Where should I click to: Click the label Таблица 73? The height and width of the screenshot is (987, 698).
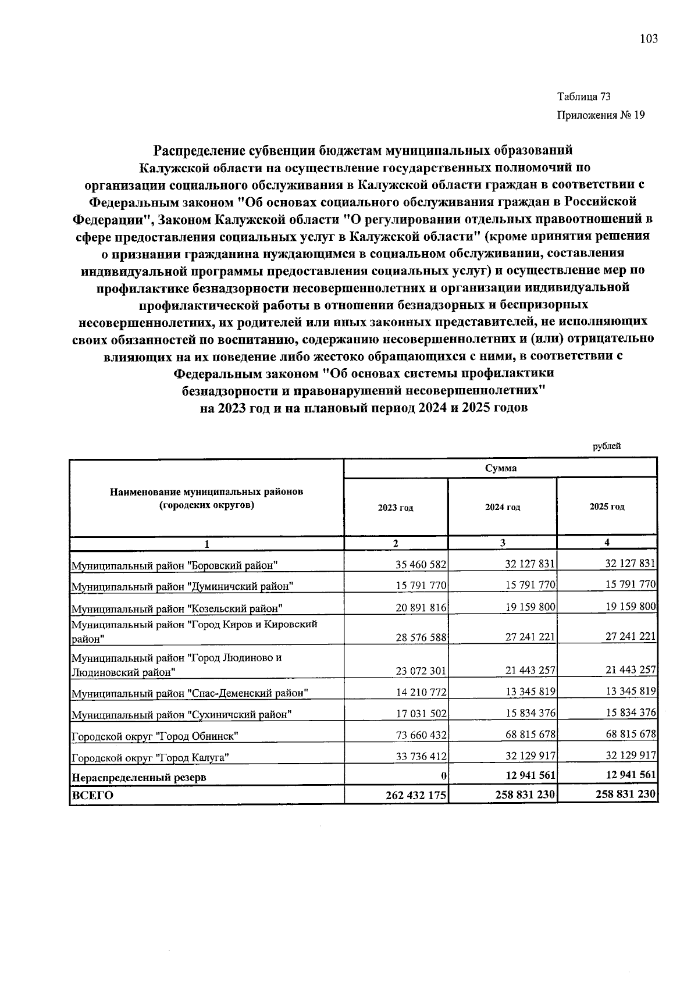pyautogui.click(x=583, y=97)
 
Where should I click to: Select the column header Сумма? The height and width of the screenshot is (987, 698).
pyautogui.click(x=500, y=468)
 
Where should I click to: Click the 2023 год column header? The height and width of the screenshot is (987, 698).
pyautogui.click(x=396, y=507)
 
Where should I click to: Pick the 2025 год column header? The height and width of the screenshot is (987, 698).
pyautogui.click(x=607, y=507)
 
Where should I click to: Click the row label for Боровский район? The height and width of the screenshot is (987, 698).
pyautogui.click(x=174, y=565)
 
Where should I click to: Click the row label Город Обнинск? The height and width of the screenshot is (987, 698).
pyautogui.click(x=155, y=736)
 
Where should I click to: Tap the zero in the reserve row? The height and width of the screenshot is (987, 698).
pyautogui.click(x=443, y=776)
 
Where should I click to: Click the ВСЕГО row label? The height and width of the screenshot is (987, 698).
pyautogui.click(x=92, y=795)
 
